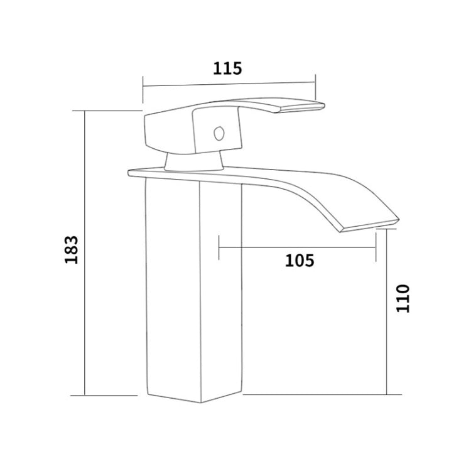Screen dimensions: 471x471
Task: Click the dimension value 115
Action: (x=227, y=68)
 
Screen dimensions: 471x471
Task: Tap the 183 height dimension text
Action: (x=71, y=250)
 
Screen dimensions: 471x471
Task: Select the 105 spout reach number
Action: (x=300, y=259)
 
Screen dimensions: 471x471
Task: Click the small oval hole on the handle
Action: (x=219, y=134)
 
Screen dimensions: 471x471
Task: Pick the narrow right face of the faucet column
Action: (x=220, y=289)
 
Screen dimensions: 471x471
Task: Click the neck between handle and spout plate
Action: (x=194, y=163)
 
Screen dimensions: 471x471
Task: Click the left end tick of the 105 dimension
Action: (x=219, y=247)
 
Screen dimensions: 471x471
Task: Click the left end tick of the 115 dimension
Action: (x=143, y=88)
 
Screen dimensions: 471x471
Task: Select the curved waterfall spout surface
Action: (x=327, y=195)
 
